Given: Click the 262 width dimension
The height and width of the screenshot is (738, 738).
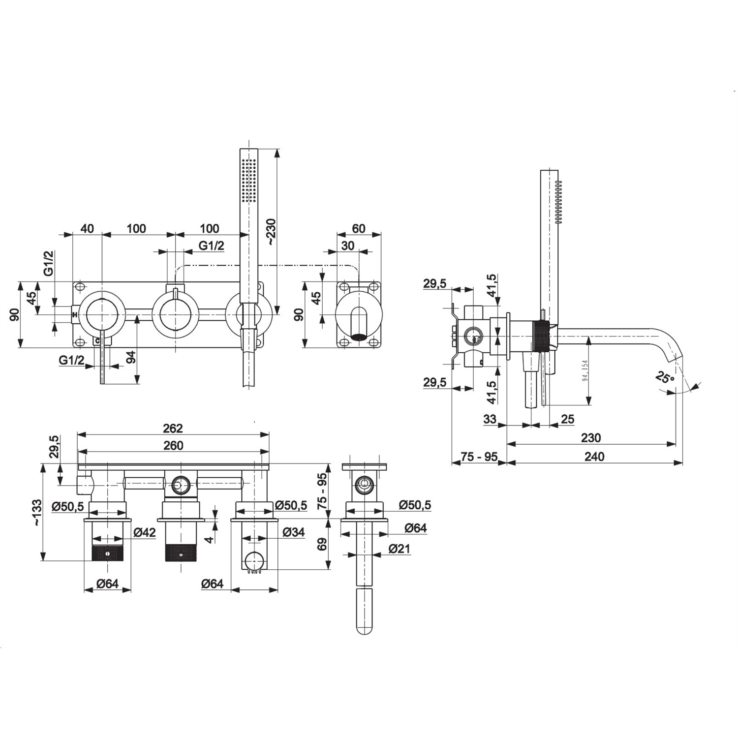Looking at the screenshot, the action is pyautogui.click(x=173, y=428).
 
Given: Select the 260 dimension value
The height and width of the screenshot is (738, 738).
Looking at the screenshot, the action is pyautogui.click(x=173, y=445).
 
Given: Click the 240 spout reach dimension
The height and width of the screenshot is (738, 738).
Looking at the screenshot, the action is pyautogui.click(x=594, y=456).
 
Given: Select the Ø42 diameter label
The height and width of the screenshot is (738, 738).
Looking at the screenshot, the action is pyautogui.click(x=145, y=532).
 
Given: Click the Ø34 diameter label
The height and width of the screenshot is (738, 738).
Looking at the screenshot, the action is pyautogui.click(x=294, y=532).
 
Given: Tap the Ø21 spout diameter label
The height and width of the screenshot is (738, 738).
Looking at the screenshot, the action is pyautogui.click(x=399, y=549).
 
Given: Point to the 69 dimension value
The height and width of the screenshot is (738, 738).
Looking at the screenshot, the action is pyautogui.click(x=322, y=544).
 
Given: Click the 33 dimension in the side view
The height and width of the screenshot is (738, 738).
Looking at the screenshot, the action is pyautogui.click(x=490, y=419).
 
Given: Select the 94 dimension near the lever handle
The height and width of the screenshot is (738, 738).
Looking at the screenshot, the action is pyautogui.click(x=131, y=357).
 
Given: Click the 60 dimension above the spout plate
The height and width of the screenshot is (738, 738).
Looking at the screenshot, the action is pyautogui.click(x=359, y=228).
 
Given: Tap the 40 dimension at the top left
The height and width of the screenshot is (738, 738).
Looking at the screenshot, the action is pyautogui.click(x=87, y=228).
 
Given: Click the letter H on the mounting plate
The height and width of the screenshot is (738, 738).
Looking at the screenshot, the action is pyautogui.click(x=75, y=314).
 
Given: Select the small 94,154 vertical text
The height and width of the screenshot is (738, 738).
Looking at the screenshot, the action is pyautogui.click(x=585, y=370).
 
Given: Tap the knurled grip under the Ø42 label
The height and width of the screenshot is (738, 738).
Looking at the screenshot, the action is pyautogui.click(x=108, y=553).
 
